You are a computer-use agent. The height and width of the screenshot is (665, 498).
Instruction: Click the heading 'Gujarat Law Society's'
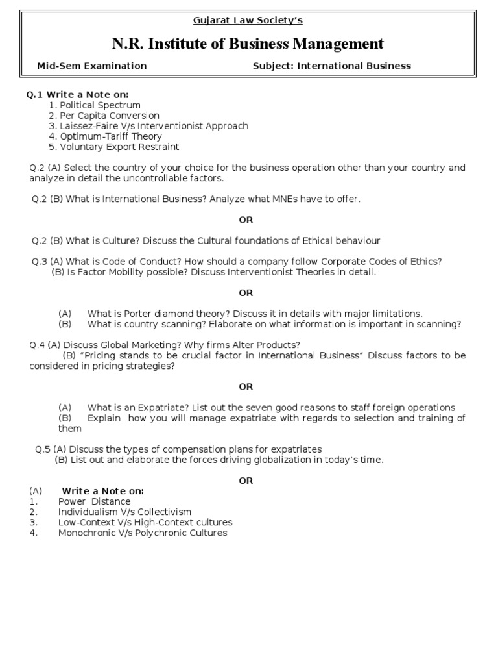(x=248, y=20)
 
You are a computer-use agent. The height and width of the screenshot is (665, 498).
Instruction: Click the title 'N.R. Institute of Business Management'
(x=248, y=44)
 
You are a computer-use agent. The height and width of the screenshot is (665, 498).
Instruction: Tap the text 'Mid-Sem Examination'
(x=91, y=66)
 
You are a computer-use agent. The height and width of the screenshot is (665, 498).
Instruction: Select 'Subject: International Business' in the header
(x=331, y=66)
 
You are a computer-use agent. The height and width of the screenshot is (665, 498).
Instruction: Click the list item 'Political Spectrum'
(x=100, y=105)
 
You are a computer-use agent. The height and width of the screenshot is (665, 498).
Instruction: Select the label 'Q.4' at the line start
(x=37, y=345)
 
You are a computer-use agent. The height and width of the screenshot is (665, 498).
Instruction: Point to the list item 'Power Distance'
(x=94, y=501)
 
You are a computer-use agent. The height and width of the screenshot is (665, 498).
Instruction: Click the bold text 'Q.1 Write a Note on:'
(x=77, y=95)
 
